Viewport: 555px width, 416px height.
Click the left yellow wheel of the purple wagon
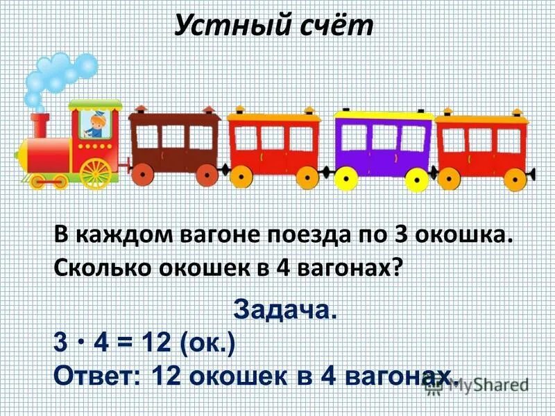[345, 179]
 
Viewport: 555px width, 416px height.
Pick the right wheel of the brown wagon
[207, 175]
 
